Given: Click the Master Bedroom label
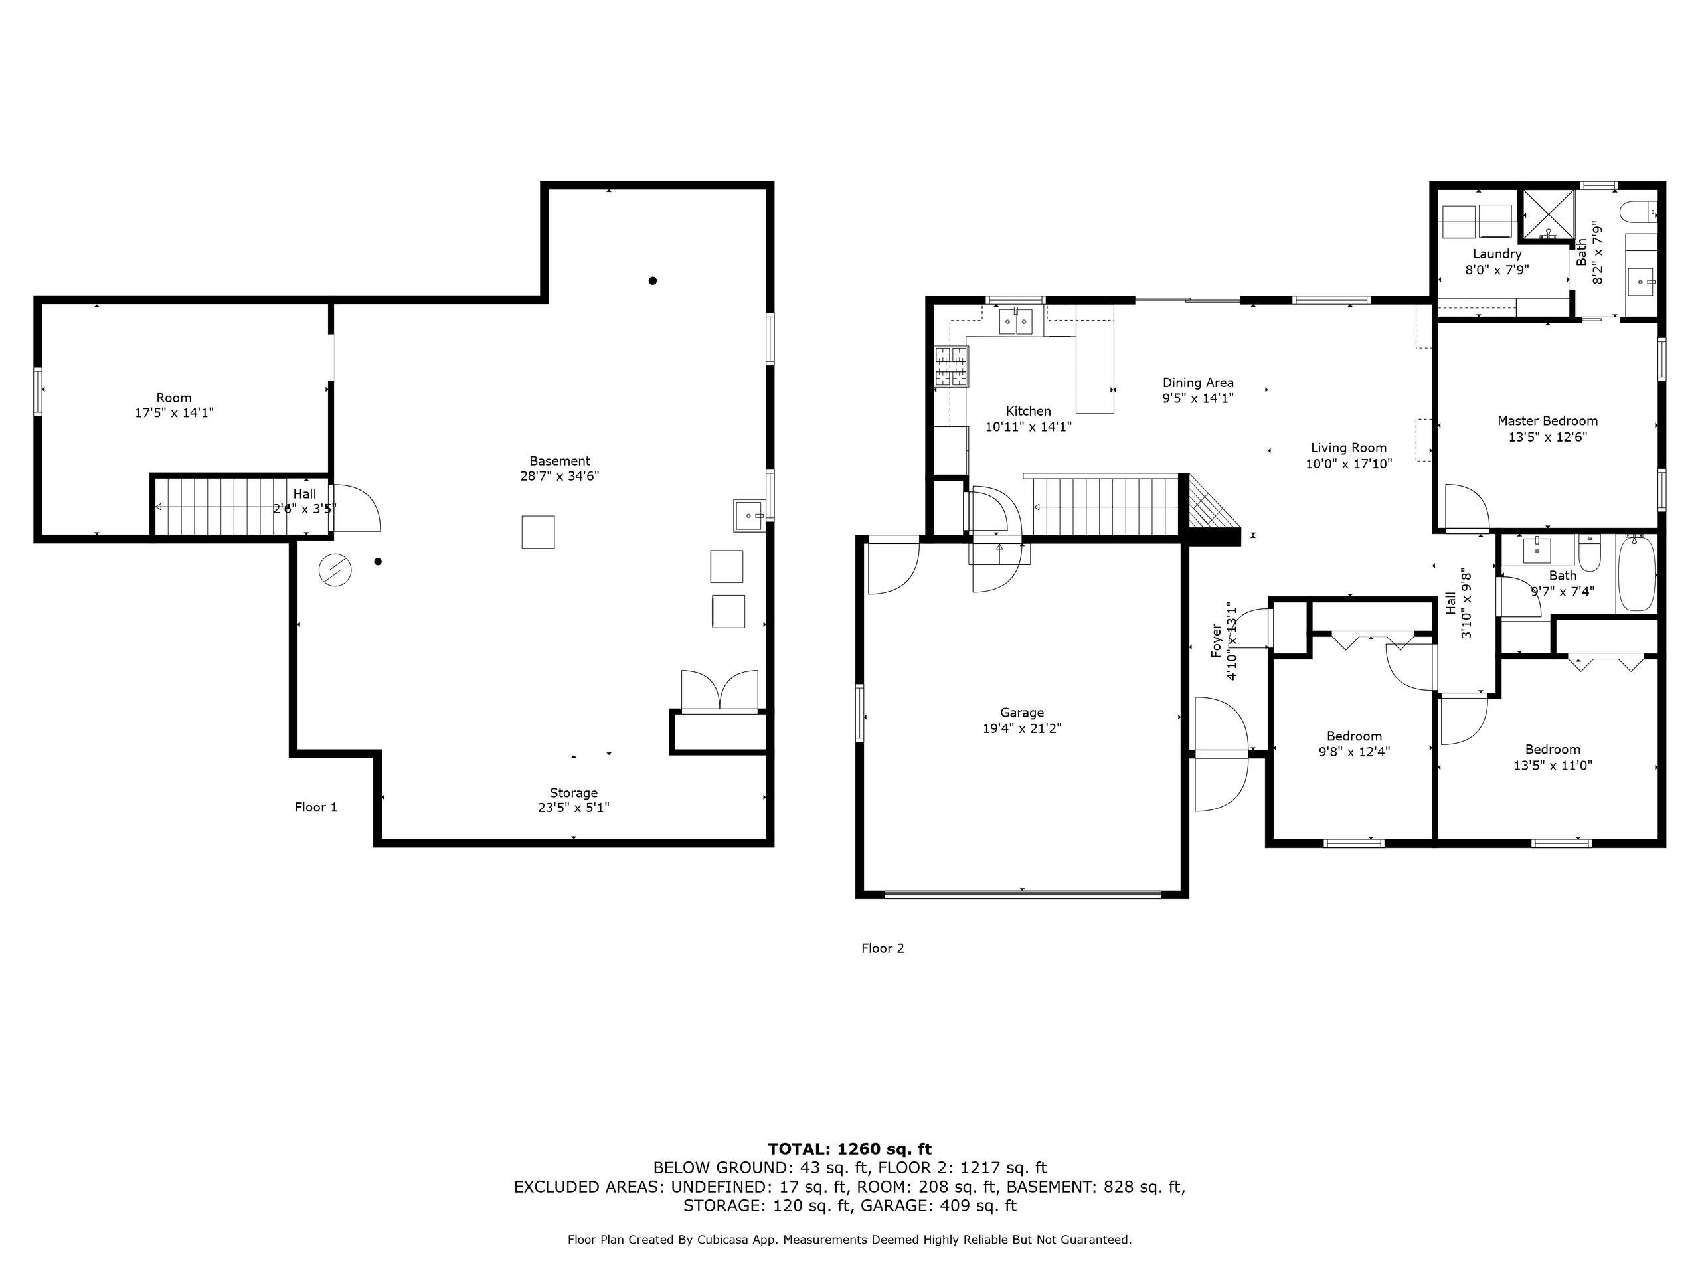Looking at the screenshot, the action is pyautogui.click(x=1547, y=421).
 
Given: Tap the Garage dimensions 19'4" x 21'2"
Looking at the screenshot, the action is pyautogui.click(x=1022, y=728).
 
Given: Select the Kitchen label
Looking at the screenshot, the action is pyautogui.click(x=1028, y=411).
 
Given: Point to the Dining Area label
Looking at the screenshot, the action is pyautogui.click(x=1198, y=382).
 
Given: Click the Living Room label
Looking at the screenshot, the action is pyautogui.click(x=1349, y=448).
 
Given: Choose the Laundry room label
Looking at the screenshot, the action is pyautogui.click(x=1497, y=254).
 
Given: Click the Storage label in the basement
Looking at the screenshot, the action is pyautogui.click(x=573, y=793).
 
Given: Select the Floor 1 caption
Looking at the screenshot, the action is pyautogui.click(x=316, y=807).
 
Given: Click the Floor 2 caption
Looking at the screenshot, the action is pyautogui.click(x=883, y=948).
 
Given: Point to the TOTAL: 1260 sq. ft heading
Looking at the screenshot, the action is pyautogui.click(x=850, y=1149).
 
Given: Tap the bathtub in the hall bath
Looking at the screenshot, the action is pyautogui.click(x=1636, y=576).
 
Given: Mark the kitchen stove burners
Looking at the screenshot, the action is pyautogui.click(x=952, y=366).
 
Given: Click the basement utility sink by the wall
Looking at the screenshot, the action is pyautogui.click(x=748, y=516).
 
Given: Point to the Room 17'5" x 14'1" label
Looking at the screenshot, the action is pyautogui.click(x=175, y=406).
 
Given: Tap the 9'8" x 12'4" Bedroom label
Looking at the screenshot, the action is pyautogui.click(x=1354, y=744).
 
